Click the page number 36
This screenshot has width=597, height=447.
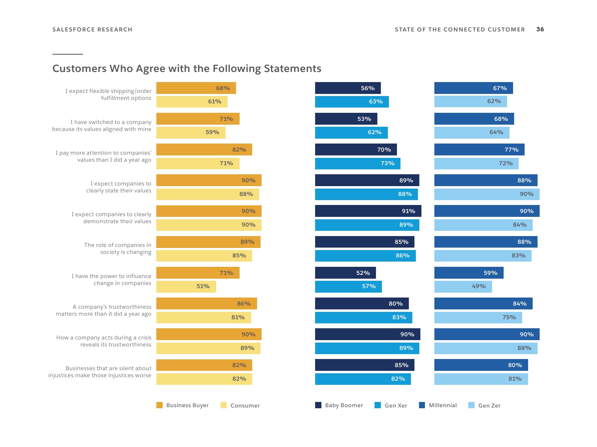click(540, 29)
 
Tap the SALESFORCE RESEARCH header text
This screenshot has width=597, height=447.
click(92, 30)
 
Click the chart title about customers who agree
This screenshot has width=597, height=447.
click(187, 68)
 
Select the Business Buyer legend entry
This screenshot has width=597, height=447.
click(183, 405)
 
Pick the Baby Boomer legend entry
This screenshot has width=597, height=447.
click(339, 405)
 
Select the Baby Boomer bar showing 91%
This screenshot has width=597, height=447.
click(368, 211)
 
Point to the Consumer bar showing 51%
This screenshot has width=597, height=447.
click(186, 286)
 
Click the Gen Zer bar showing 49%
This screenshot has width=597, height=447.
click(463, 286)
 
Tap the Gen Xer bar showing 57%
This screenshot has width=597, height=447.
click(348, 286)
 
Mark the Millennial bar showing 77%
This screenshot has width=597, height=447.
click(479, 149)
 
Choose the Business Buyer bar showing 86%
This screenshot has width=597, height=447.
click(206, 303)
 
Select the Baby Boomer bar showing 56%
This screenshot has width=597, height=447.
click(348, 88)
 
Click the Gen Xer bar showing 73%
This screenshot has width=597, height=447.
click(357, 163)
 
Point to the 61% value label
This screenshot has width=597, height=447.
click(215, 102)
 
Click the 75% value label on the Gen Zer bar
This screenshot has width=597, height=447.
click(509, 317)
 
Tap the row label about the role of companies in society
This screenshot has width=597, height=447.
click(118, 249)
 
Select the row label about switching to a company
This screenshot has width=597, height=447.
click(102, 126)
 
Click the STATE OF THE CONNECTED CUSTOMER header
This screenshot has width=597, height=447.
click(460, 30)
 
